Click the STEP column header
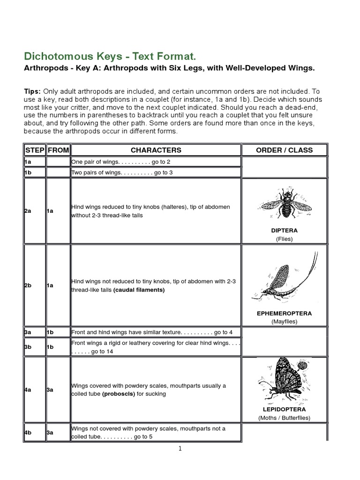[x=34, y=150]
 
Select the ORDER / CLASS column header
[x=284, y=150]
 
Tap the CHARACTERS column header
[x=156, y=150]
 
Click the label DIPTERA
[x=284, y=231]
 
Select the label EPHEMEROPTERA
[x=284, y=313]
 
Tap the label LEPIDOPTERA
[x=284, y=409]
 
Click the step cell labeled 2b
[x=28, y=285]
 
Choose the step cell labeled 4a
[x=28, y=390]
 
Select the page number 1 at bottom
[x=180, y=449]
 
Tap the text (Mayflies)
[x=284, y=322]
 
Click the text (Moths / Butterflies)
[x=284, y=418]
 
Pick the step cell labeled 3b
[x=28, y=347]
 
